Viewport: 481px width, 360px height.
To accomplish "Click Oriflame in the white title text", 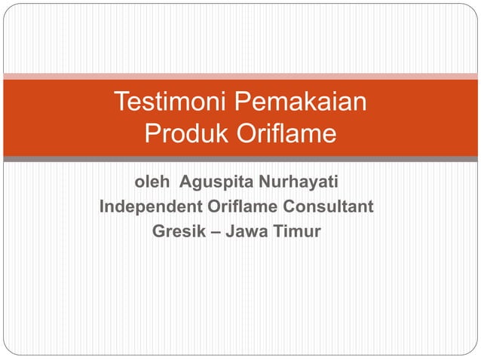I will tap(286, 134).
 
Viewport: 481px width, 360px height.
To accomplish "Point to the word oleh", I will tap(152, 182).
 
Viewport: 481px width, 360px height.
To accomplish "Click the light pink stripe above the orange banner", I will tap(240, 76).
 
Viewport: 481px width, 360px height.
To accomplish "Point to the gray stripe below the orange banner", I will tap(240, 159).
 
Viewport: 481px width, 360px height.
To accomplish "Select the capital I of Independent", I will tap(103, 206).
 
